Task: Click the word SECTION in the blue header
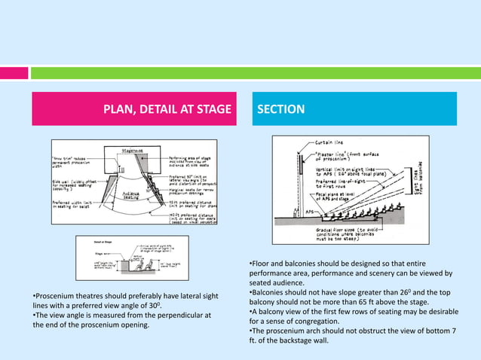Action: [x=281, y=109]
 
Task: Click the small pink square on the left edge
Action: [x=14, y=73]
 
